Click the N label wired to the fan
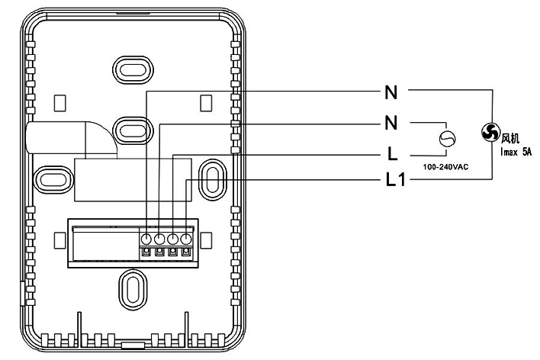(x=391, y=92)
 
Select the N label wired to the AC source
(x=391, y=123)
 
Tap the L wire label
(x=392, y=153)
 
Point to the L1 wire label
(x=396, y=179)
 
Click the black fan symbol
(x=490, y=132)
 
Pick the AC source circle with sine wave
(x=448, y=139)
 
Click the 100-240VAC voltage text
(x=445, y=167)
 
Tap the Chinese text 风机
(x=510, y=139)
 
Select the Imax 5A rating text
(x=516, y=152)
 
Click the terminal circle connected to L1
(x=186, y=239)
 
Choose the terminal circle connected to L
(x=172, y=239)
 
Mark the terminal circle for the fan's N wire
(x=146, y=239)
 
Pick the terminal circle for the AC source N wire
(x=159, y=239)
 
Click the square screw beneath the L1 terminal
(x=186, y=252)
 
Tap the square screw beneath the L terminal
(x=172, y=252)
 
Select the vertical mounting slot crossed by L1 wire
(x=213, y=179)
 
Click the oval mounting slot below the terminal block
(x=133, y=289)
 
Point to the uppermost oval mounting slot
(x=133, y=70)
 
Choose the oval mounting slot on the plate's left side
(x=53, y=179)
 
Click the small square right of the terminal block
(x=207, y=240)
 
